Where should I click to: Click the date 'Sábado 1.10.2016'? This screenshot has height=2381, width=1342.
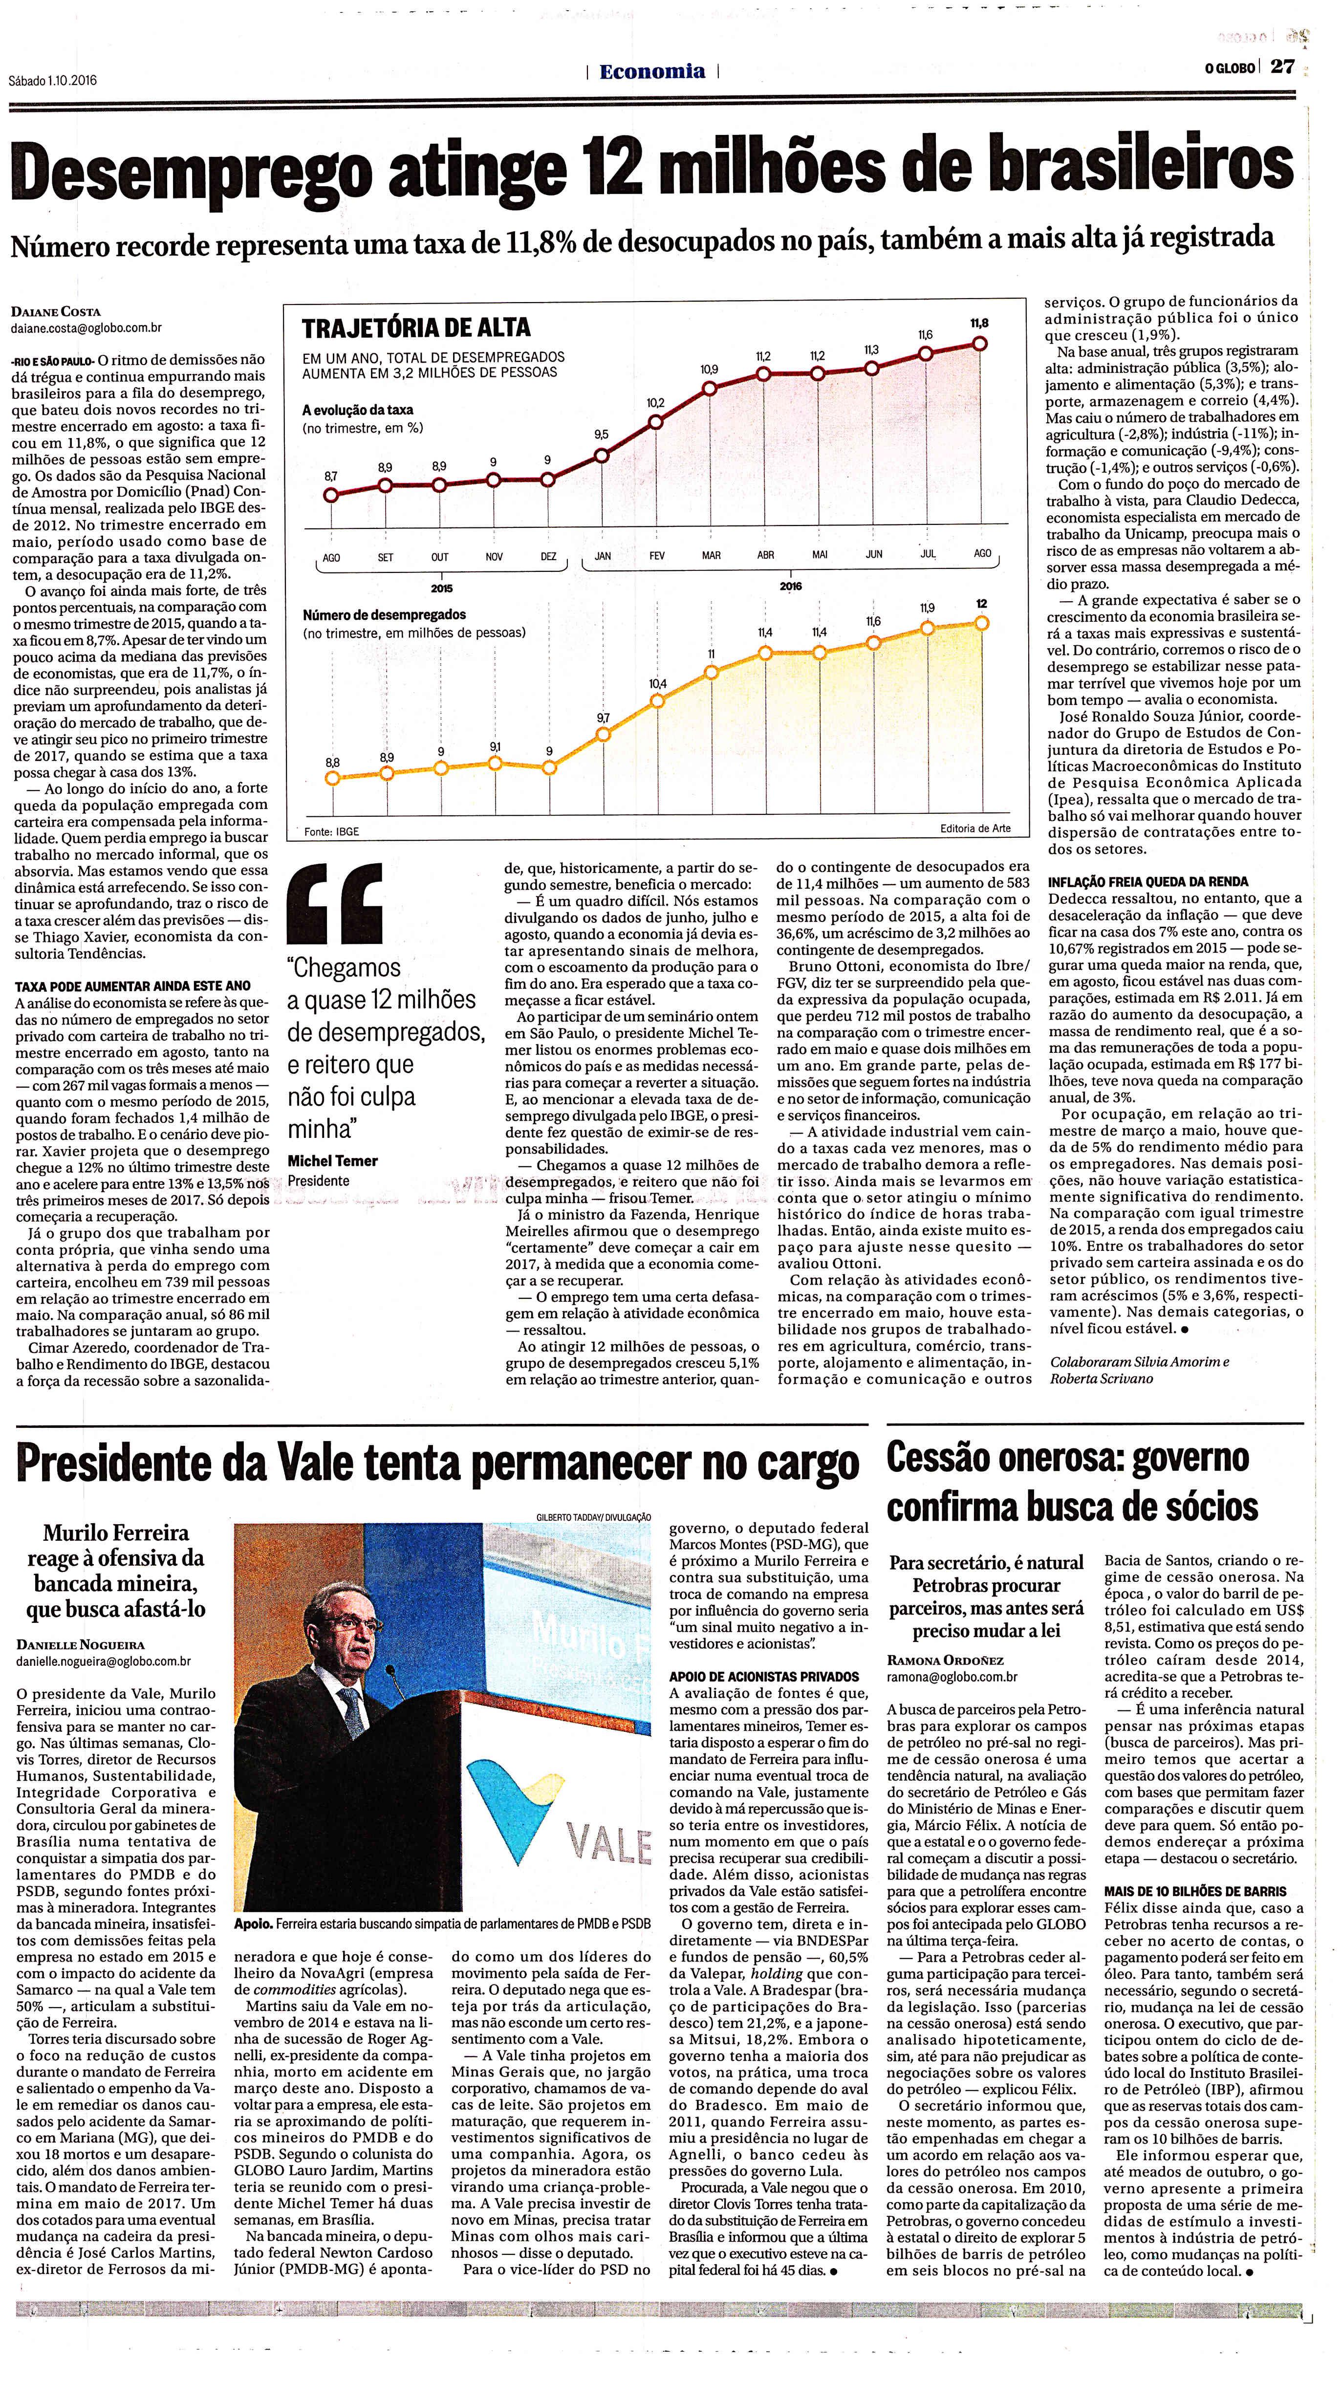tap(53, 81)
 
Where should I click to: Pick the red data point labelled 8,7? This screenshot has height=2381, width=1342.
tap(331, 495)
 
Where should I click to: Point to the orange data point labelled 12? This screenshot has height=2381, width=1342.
tap(981, 623)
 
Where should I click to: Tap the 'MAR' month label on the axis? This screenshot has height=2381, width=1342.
tap(711, 555)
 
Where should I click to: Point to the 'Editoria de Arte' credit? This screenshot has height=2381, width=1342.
tap(975, 828)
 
